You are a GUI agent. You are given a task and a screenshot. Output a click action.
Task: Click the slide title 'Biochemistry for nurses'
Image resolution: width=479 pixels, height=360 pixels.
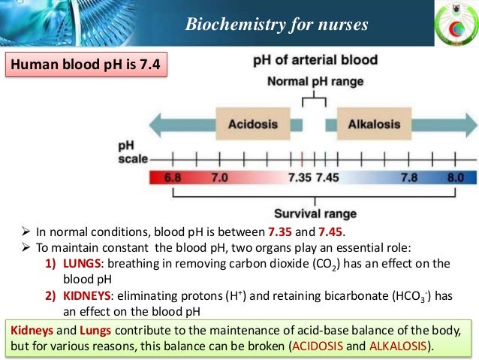(277, 25)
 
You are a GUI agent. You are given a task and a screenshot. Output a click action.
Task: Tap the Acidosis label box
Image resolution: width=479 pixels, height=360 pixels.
(254, 124)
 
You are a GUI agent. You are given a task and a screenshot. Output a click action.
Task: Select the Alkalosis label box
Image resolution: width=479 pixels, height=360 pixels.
(373, 124)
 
